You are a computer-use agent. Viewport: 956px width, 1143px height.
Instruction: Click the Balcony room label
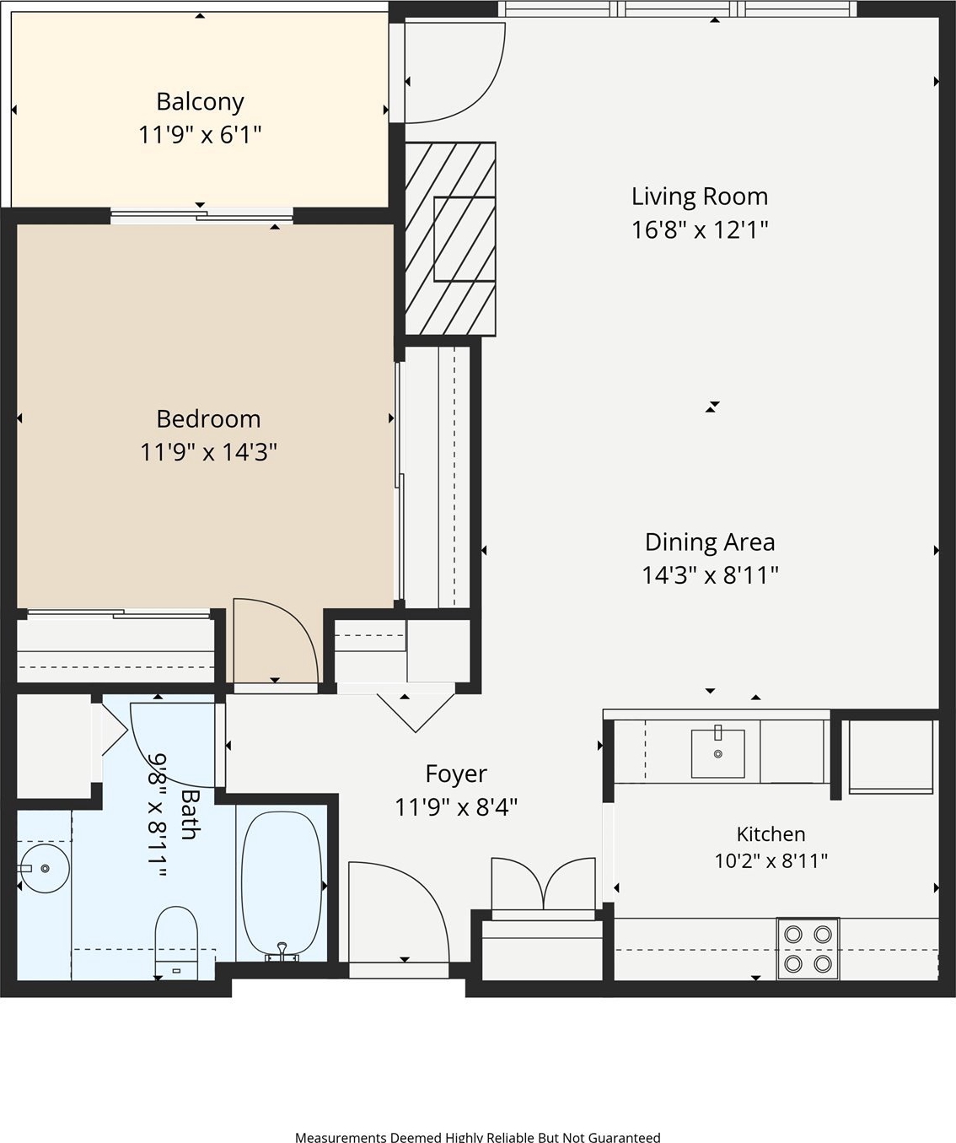click(x=200, y=102)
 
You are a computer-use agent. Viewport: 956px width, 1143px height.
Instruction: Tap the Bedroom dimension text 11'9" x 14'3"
click(x=208, y=452)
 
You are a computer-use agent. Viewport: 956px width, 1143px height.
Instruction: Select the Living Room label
click(x=700, y=197)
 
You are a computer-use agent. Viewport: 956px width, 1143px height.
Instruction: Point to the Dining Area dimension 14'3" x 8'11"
click(x=710, y=575)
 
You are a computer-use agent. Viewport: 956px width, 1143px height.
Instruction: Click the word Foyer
click(x=456, y=774)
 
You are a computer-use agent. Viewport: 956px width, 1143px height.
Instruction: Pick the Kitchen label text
click(x=771, y=834)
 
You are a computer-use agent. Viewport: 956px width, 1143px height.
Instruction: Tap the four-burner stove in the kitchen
click(x=808, y=949)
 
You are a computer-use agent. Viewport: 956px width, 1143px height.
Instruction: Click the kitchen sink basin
click(x=718, y=753)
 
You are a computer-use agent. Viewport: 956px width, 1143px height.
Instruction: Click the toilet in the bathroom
click(x=176, y=943)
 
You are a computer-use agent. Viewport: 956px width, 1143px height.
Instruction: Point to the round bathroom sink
click(x=45, y=869)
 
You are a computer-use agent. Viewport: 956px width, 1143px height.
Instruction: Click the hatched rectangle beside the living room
click(x=450, y=239)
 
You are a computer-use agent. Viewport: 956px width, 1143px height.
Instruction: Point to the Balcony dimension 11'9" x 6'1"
click(x=200, y=135)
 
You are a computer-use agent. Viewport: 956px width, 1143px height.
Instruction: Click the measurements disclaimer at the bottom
click(x=478, y=1136)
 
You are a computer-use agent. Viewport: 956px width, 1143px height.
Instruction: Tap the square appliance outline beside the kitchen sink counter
click(x=891, y=757)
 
